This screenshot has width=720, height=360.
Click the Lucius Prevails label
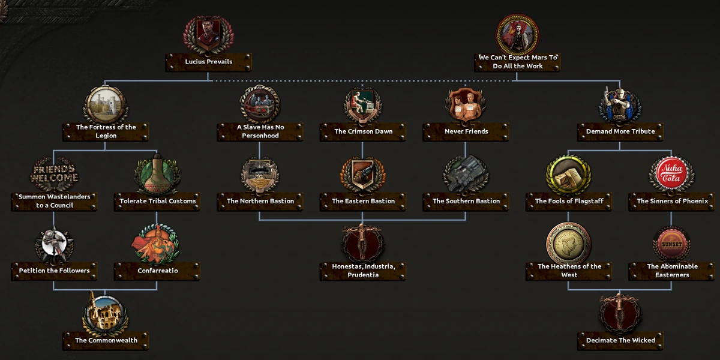208,62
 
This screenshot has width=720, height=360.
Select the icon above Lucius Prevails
208,35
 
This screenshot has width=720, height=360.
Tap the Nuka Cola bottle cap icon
671,175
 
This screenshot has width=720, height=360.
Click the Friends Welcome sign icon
54,175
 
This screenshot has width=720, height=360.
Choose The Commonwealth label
106,341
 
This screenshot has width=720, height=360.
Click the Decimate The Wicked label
620,341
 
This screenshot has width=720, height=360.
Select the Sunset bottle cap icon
671,244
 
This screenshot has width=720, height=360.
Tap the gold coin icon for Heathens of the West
569,244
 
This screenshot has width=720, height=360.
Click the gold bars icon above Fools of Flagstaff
569,175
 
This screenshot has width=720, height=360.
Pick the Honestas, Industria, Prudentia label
363,271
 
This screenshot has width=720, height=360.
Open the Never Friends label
466,131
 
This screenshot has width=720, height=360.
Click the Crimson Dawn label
363,131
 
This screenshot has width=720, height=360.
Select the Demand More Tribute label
620,131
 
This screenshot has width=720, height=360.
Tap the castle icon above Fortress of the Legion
105,104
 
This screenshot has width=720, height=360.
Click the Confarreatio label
157,271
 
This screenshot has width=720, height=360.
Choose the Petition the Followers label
54,271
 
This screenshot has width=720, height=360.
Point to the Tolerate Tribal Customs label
157,201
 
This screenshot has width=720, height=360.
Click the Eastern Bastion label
363,201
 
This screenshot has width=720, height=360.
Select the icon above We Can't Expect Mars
517,35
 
